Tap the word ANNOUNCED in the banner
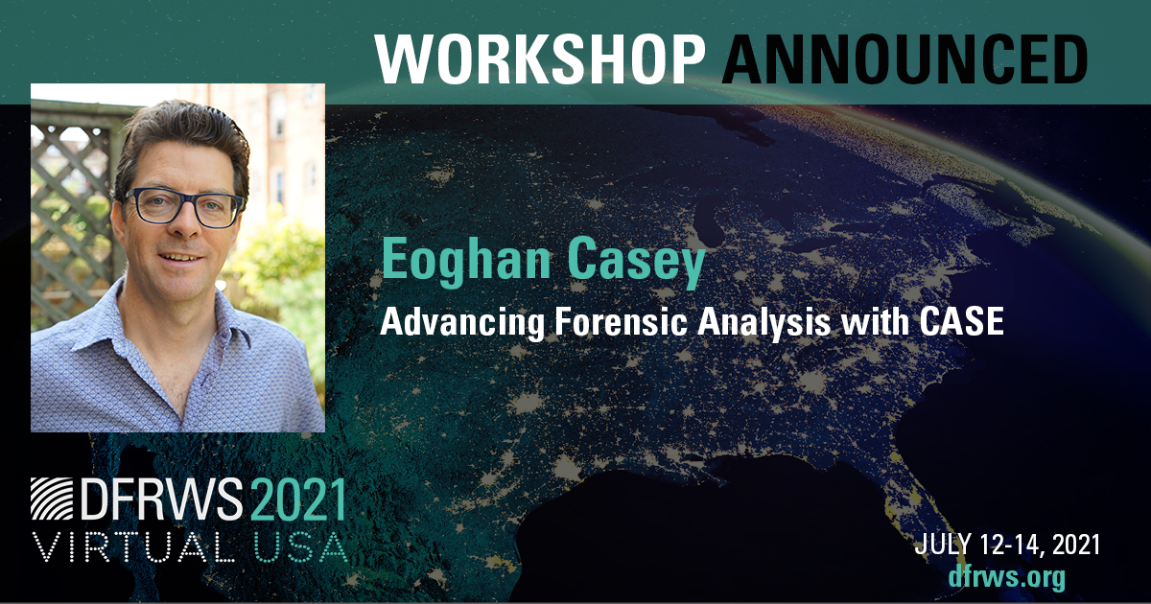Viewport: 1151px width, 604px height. (905, 58)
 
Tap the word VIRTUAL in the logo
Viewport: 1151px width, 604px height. (133, 546)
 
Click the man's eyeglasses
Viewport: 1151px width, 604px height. (184, 207)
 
